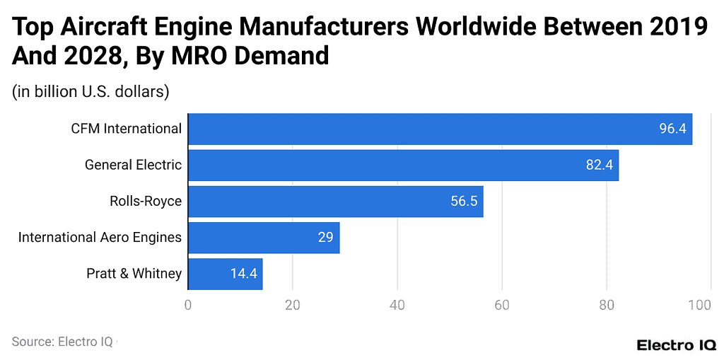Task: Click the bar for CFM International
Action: click(440, 129)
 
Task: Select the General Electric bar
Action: click(403, 165)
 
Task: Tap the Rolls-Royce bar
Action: click(335, 202)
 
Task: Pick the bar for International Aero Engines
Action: click(264, 238)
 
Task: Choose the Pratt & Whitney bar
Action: click(225, 274)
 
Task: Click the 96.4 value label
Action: click(672, 129)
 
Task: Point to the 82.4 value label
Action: click(599, 165)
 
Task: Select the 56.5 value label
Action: click(464, 202)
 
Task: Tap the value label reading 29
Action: click(325, 238)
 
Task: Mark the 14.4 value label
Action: click(243, 274)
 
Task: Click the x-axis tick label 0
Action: click(188, 306)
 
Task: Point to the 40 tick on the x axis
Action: click(397, 306)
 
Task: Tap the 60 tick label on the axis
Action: click(502, 306)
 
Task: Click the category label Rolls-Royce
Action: click(146, 202)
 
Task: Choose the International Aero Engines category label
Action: click(100, 238)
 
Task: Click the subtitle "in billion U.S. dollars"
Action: click(90, 91)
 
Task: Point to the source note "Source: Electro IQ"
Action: click(62, 342)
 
